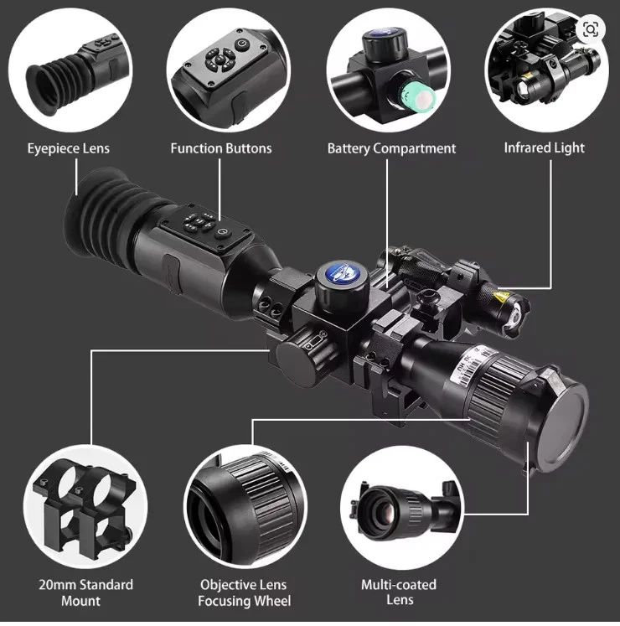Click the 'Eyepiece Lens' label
click(68, 148)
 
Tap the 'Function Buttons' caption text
click(221, 148)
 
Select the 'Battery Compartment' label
click(391, 148)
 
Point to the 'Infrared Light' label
click(544, 147)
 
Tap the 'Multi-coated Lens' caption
click(398, 592)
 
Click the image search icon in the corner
click(592, 28)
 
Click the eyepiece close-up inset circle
click(69, 67)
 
